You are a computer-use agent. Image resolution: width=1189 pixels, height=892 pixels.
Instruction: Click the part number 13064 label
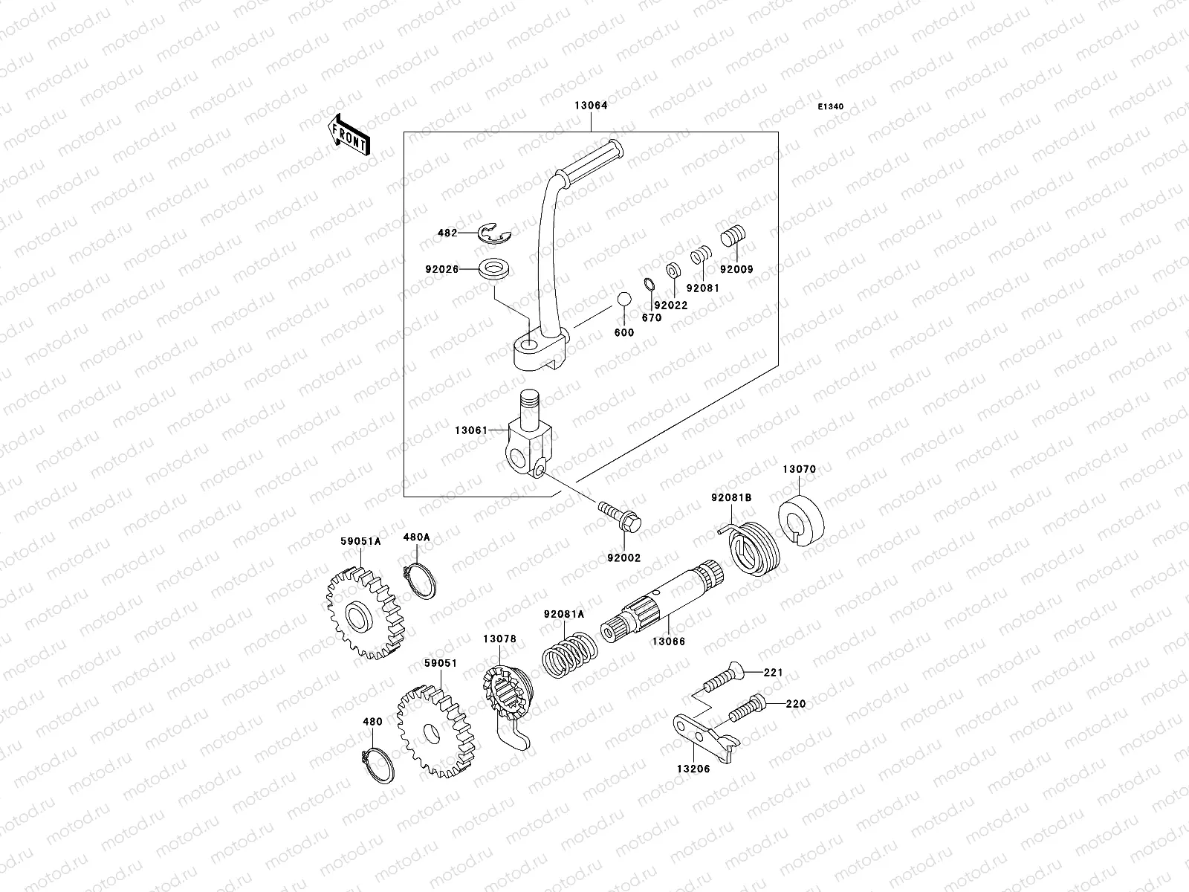(590, 106)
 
